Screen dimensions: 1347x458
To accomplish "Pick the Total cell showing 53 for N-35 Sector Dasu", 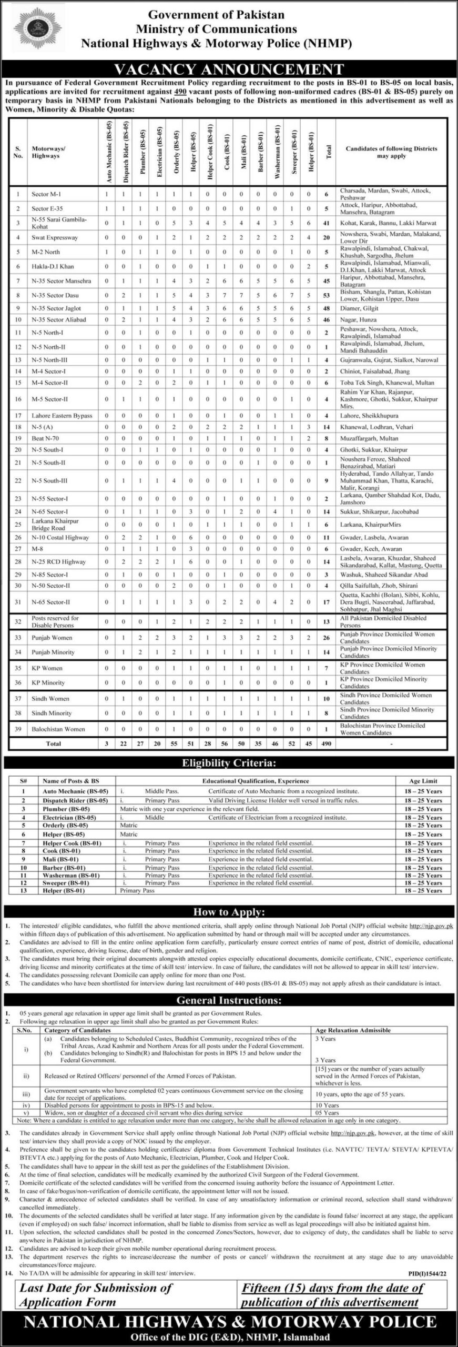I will (x=327, y=295).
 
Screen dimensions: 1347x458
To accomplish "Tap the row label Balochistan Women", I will (x=56, y=729).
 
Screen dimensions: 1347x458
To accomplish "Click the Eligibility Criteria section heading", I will (x=229, y=762).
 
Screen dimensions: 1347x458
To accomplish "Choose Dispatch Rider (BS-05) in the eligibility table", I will (x=75, y=800).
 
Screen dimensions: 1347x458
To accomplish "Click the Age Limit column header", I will (x=423, y=781).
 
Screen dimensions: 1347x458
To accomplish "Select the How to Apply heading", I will (x=229, y=912).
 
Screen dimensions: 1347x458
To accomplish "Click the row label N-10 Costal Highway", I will (x=59, y=538).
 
